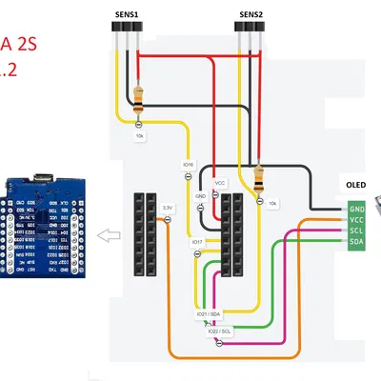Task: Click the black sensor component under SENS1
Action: click(126, 30)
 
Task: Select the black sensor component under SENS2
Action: click(250, 30)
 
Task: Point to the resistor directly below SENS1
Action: click(140, 96)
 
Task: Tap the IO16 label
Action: click(188, 165)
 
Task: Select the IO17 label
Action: click(197, 242)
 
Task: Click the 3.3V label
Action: click(167, 207)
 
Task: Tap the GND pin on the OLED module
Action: click(356, 209)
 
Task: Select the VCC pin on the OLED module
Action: click(356, 220)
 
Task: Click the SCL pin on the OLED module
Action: click(356, 231)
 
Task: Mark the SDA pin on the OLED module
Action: click(356, 243)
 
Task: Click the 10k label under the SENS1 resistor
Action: click(139, 137)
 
